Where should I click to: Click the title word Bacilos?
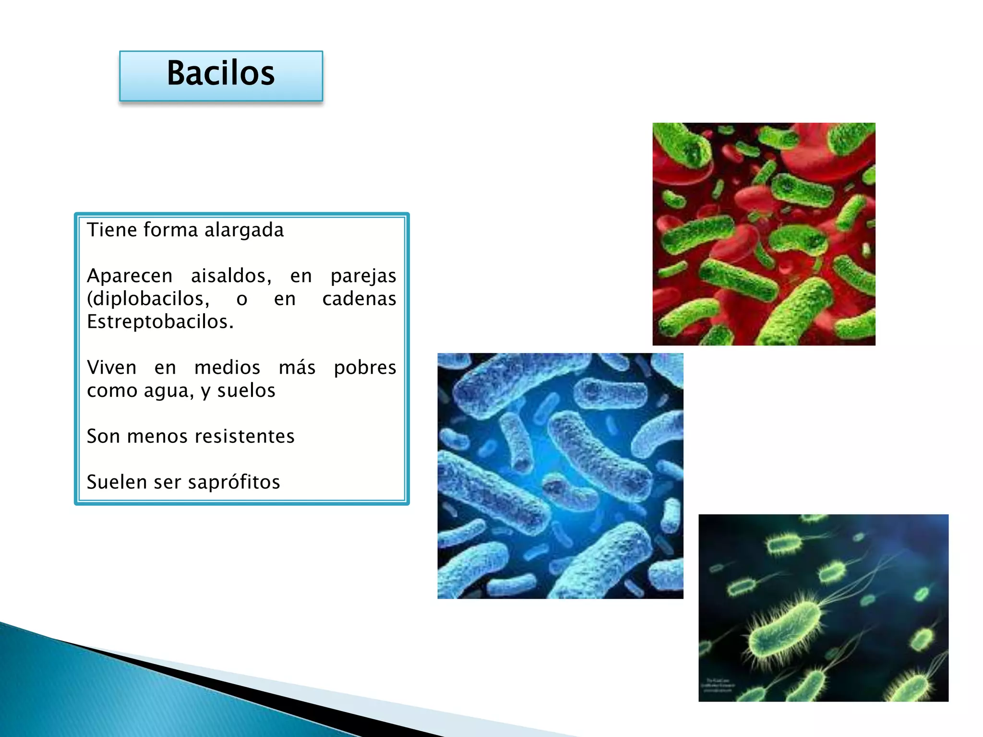point(221,73)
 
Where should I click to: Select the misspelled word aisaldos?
point(231,276)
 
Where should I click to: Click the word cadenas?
point(359,299)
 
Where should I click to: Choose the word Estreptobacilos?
point(160,321)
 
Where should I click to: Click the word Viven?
point(111,368)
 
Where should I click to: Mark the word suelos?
point(246,391)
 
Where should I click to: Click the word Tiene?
point(111,230)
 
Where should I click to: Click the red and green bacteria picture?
point(764,234)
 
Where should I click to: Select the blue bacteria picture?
point(560,475)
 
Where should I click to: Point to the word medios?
point(227,368)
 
